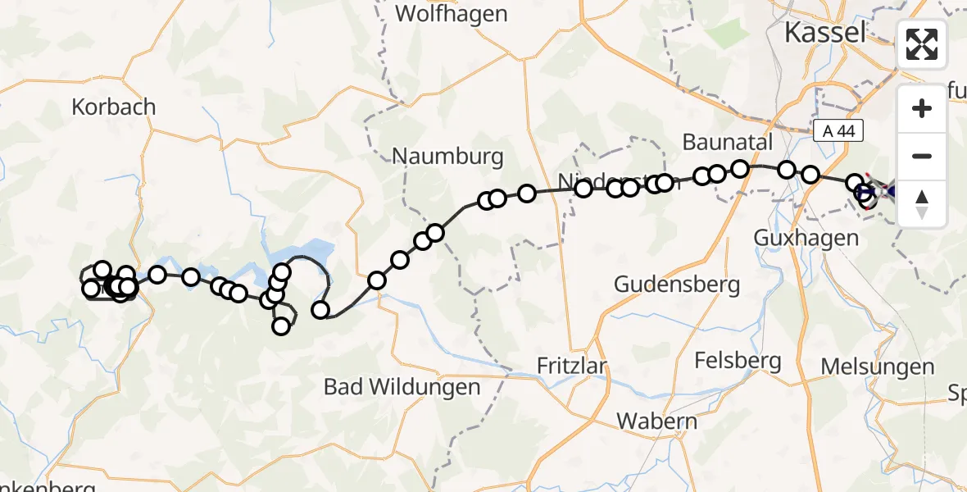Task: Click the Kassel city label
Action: (824, 33)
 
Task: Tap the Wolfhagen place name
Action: (451, 14)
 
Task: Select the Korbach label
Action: (114, 107)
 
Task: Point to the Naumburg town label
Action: (447, 156)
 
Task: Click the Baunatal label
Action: (728, 142)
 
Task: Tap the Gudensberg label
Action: (677, 285)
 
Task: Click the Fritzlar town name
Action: (572, 365)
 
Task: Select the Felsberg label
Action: (737, 360)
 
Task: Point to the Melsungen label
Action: (878, 367)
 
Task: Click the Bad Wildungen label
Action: (402, 386)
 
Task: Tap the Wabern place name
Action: (657, 421)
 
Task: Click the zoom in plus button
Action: (923, 108)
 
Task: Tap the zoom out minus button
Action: (923, 156)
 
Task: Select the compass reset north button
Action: (923, 203)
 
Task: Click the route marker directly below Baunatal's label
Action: (740, 169)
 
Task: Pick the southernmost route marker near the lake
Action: (281, 326)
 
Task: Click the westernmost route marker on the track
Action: (90, 288)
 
